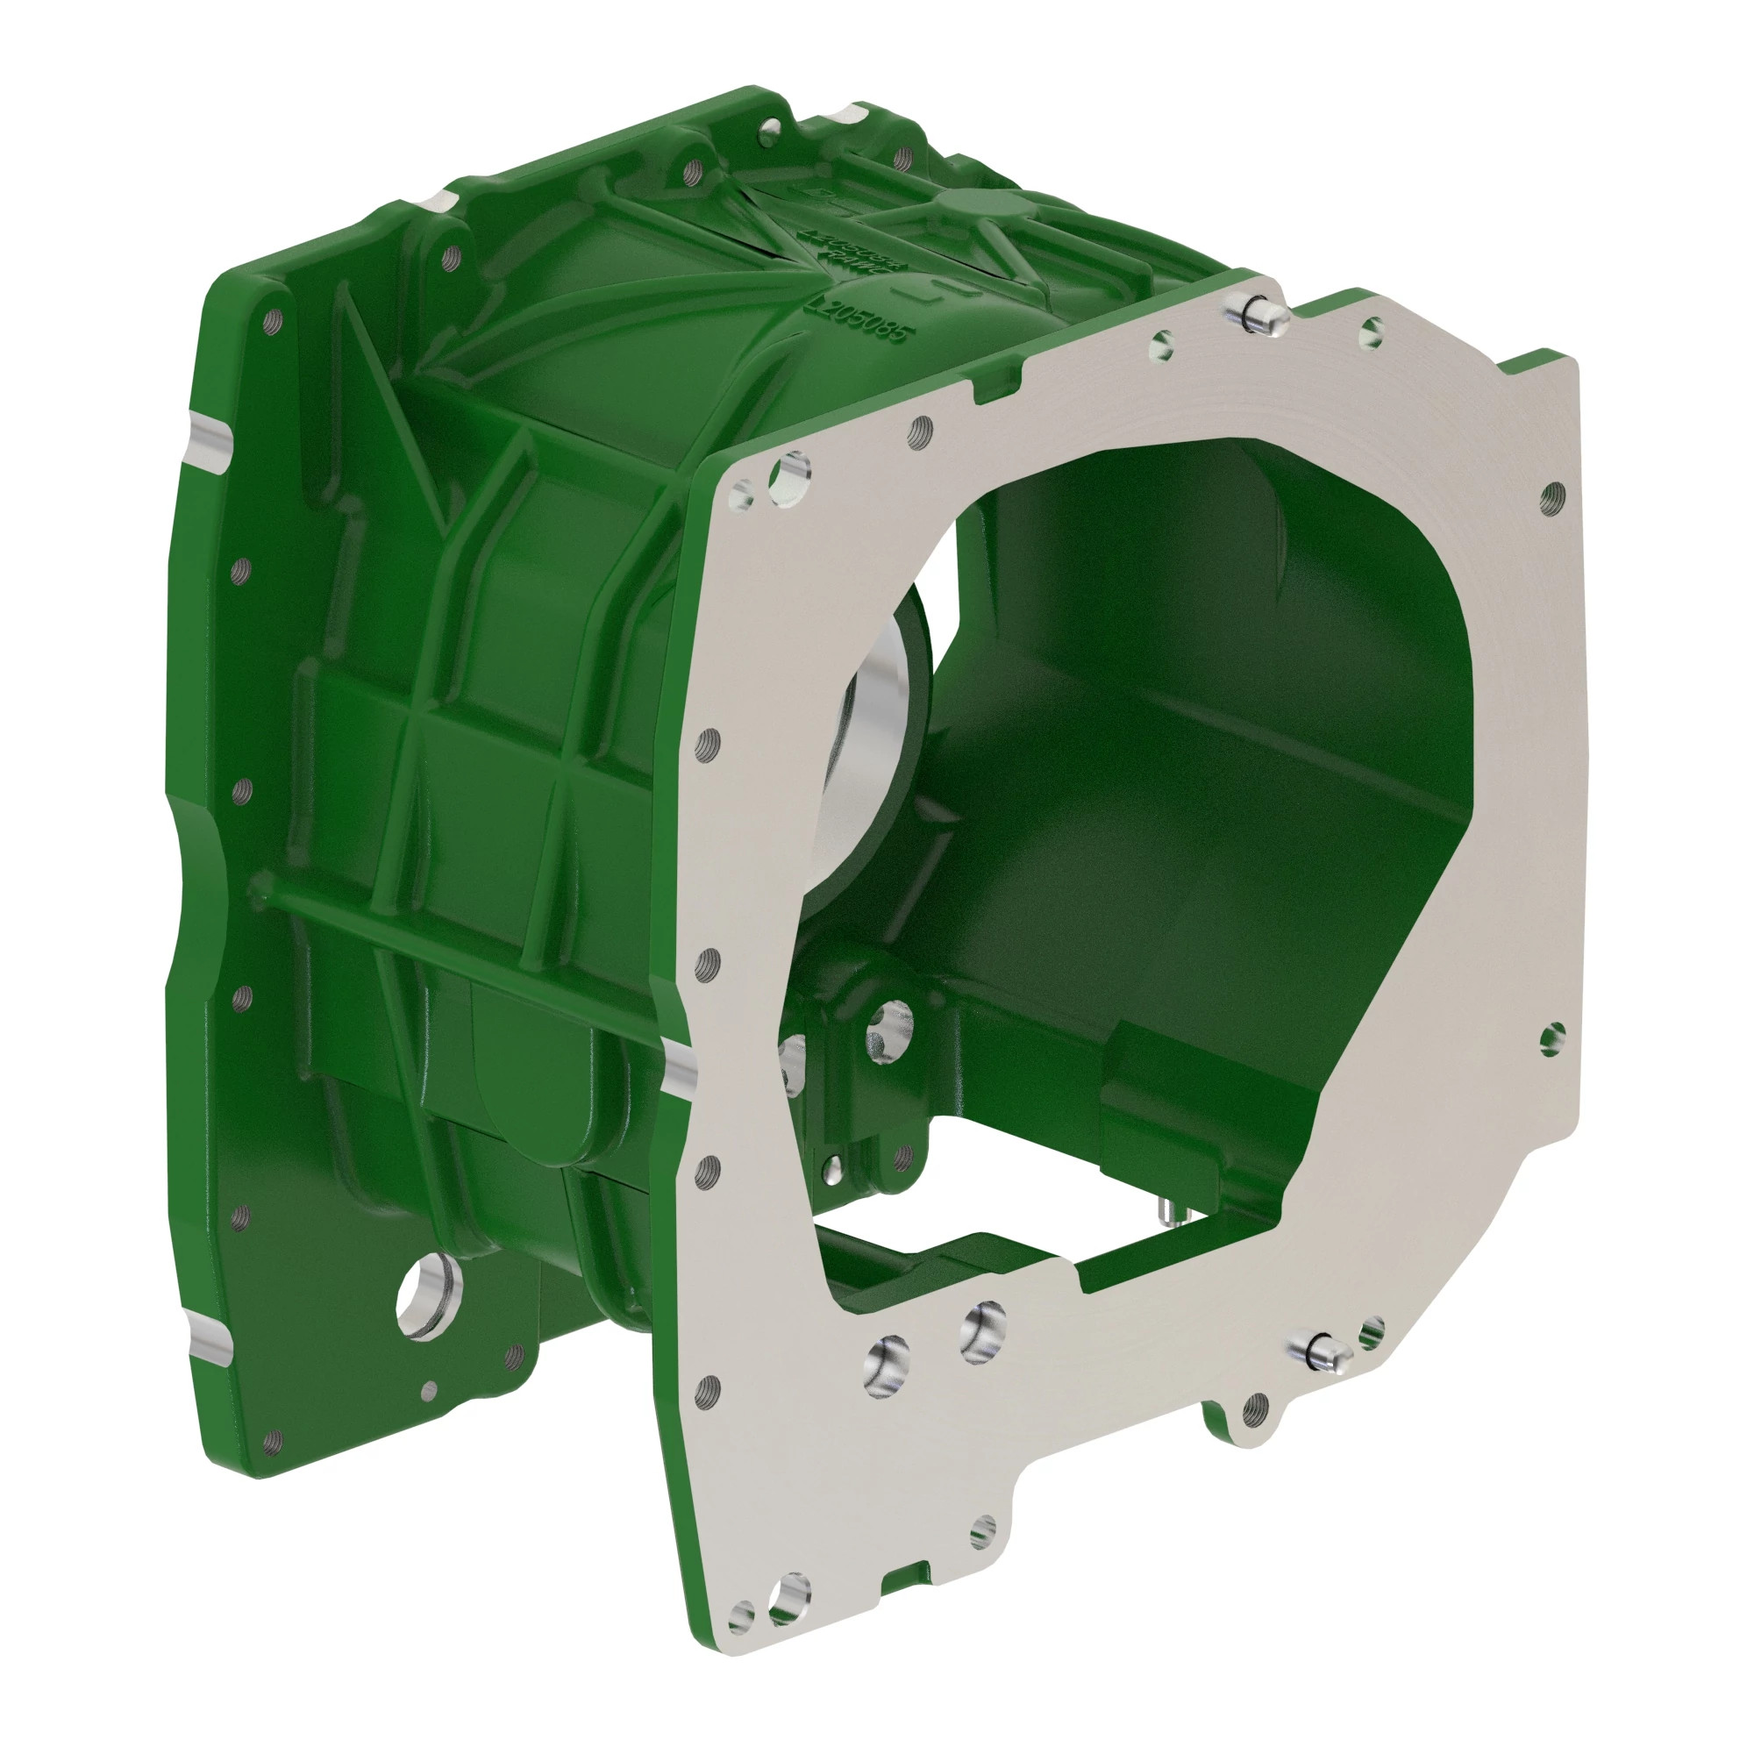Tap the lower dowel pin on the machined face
[x=1322, y=1352]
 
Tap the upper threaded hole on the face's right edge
[x=1551, y=496]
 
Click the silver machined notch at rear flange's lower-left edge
[x=210, y=1344]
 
